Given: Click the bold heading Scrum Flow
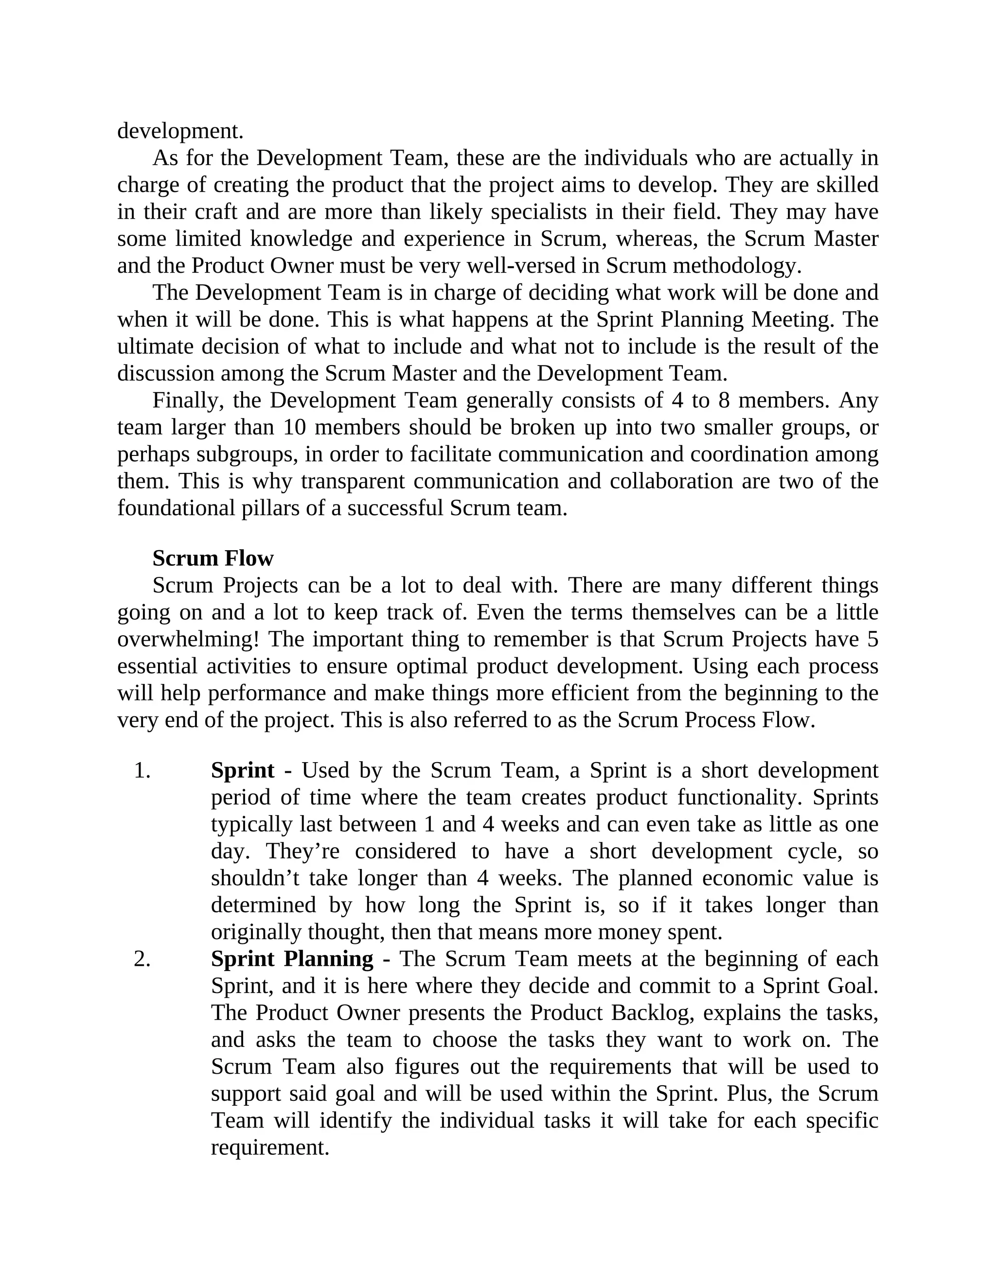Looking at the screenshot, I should (213, 558).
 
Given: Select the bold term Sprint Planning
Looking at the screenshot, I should (292, 958).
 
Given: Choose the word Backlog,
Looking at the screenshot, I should (656, 1012).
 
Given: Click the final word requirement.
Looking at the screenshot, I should (269, 1147).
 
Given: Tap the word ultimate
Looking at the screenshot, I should (155, 346).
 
